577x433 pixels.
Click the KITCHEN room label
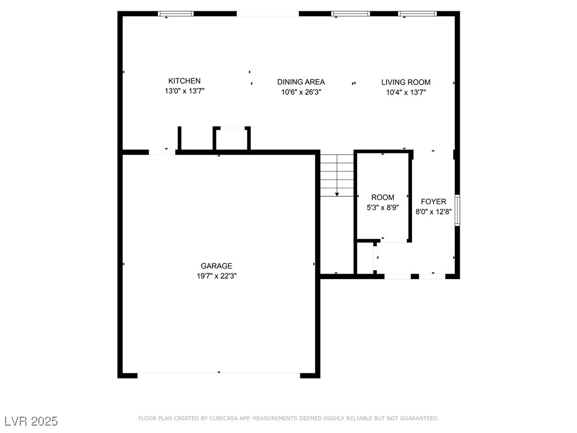click(184, 81)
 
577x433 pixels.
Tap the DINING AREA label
click(301, 82)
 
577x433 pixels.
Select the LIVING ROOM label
click(406, 82)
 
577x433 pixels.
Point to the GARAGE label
click(216, 266)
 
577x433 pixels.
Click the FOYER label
click(433, 202)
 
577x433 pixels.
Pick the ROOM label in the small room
click(383, 197)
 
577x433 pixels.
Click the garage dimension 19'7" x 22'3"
click(216, 276)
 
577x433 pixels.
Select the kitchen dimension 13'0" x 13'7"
click(184, 91)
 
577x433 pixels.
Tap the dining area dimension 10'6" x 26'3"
click(301, 92)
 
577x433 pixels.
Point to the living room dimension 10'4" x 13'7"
click(406, 92)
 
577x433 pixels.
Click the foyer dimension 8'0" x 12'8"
click(433, 212)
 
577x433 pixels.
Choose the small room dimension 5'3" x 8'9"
click(383, 207)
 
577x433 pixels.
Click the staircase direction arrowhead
click(337, 195)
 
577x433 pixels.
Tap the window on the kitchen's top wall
click(176, 14)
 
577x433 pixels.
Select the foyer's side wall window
click(458, 210)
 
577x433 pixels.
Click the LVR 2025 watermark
click(32, 421)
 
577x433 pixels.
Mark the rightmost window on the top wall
click(418, 14)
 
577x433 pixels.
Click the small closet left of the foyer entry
click(365, 258)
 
